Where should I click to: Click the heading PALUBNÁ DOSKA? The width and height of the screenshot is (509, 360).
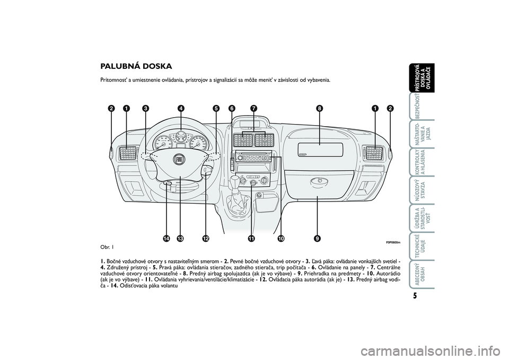pos(136,67)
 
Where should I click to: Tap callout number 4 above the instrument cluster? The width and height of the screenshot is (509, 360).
pos(181,108)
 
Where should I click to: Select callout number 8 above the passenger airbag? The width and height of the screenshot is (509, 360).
pos(319,108)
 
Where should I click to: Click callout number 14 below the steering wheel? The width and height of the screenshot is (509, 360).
pos(166,239)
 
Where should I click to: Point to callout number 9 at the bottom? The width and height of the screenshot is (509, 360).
pos(317,239)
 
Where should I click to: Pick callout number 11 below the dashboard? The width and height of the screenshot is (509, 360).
pos(251,239)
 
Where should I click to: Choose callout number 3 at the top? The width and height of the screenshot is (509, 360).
pos(145,108)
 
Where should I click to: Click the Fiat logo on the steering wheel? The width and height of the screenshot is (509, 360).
pos(179,159)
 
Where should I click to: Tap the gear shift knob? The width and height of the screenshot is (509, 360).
pos(235,180)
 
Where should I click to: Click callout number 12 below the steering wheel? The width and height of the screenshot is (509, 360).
pos(205,239)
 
